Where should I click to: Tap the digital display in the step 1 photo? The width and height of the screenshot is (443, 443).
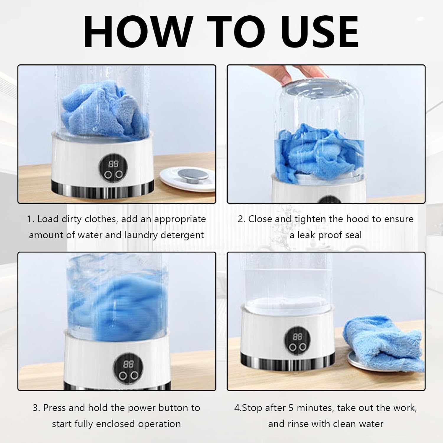click(111, 164)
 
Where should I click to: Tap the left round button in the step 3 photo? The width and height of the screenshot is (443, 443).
click(123, 376)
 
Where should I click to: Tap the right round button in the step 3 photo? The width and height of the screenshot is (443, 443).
click(135, 376)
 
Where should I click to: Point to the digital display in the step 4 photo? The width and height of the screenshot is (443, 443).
click(297, 337)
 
